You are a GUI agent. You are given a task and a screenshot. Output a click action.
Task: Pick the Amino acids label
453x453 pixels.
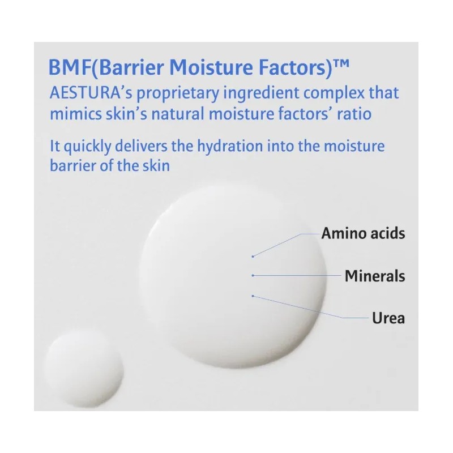pos(363,233)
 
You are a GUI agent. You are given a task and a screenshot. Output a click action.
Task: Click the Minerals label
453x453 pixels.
pos(375,276)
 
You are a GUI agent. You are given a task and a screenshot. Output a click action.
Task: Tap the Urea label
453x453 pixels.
pos(388,318)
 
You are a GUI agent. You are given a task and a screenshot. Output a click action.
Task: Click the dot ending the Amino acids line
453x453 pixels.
pos(253,256)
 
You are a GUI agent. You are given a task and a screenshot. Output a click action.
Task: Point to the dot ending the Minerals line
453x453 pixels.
pos(253,276)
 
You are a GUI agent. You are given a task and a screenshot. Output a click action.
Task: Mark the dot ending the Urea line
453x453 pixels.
pos(253,296)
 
